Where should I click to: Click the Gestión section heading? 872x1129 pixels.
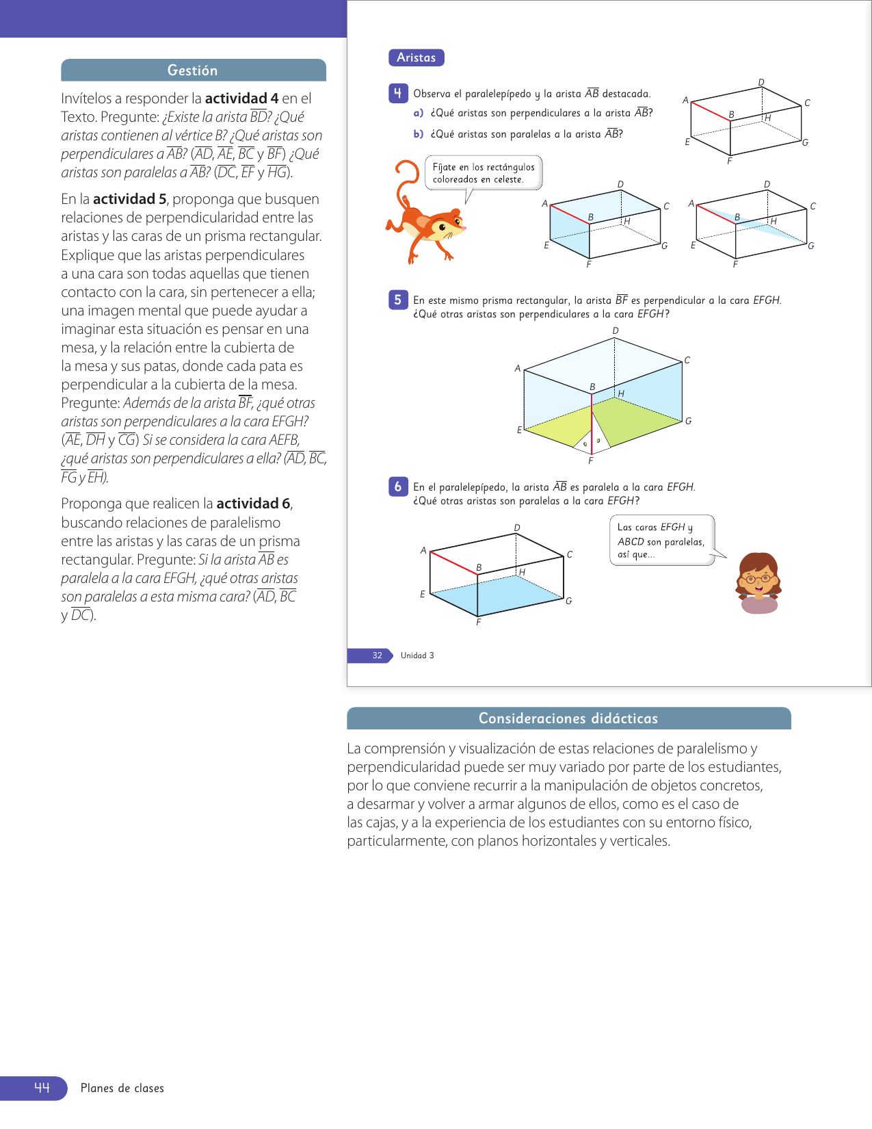click(193, 70)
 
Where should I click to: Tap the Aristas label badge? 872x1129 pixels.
click(416, 57)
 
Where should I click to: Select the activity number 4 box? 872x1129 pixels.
click(397, 93)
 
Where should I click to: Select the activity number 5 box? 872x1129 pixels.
click(397, 300)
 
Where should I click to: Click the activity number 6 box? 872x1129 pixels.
click(397, 486)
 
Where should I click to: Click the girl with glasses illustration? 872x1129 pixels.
click(758, 582)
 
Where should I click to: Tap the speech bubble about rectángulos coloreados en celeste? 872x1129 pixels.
click(484, 173)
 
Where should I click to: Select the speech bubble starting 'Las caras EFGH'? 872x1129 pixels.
click(661, 541)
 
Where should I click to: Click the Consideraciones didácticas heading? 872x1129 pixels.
click(568, 718)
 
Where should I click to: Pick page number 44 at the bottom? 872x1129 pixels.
click(42, 1088)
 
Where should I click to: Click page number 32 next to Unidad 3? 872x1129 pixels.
click(377, 656)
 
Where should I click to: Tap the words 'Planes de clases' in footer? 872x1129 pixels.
click(122, 1088)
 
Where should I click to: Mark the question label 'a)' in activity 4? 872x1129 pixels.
click(419, 113)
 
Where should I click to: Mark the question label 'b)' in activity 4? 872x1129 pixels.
click(419, 134)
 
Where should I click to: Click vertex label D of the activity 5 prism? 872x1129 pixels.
click(616, 331)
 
